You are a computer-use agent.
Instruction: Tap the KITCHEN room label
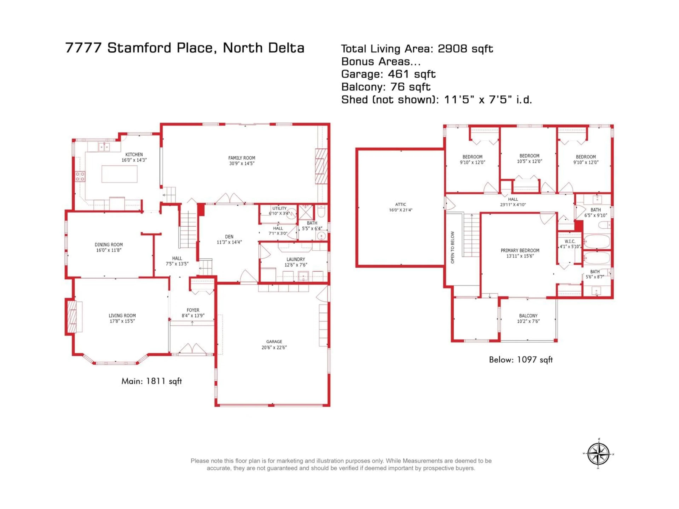[134, 155]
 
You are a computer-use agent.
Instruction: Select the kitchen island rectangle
[119, 174]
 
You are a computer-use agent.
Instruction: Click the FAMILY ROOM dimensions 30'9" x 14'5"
[242, 163]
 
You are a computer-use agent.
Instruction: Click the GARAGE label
[274, 341]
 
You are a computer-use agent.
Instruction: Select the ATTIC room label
[401, 204]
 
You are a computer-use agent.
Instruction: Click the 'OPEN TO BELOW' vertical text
[452, 247]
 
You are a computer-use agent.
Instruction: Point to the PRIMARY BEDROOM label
[520, 250]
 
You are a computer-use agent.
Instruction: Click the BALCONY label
[528, 316]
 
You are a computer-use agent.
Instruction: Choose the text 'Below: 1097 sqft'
[521, 360]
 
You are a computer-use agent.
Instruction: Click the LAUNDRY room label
[296, 259]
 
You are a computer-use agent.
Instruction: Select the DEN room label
[229, 236]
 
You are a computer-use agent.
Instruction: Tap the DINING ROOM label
[109, 245]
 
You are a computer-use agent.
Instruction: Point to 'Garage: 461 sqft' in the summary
[388, 74]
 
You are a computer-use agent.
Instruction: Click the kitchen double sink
[104, 147]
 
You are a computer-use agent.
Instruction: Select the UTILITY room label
[279, 208]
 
